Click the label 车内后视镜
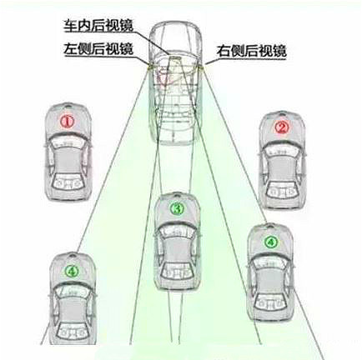click(98, 25)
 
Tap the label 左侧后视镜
click(98, 49)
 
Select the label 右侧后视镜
click(251, 51)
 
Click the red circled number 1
click(68, 122)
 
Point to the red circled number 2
click(282, 127)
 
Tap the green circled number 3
click(177, 208)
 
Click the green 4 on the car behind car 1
click(72, 271)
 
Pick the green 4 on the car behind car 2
click(270, 242)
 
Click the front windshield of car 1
click(68, 143)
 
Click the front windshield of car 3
click(177, 231)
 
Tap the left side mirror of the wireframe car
click(148, 67)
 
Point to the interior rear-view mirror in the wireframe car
click(174, 58)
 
